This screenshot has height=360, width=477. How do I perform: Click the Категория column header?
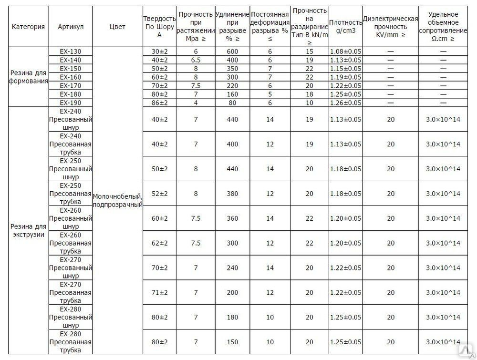[x=28, y=27]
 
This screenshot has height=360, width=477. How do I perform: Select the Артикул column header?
[x=71, y=27]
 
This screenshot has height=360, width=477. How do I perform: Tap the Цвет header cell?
[x=117, y=27]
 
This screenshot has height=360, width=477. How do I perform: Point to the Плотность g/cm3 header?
[x=346, y=27]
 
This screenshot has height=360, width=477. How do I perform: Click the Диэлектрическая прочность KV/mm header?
[x=391, y=27]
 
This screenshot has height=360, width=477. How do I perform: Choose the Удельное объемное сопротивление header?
[x=443, y=27]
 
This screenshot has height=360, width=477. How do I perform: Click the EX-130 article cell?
[x=71, y=51]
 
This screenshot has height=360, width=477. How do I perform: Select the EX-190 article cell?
[x=71, y=103]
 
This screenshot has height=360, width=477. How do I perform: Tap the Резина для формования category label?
[x=28, y=77]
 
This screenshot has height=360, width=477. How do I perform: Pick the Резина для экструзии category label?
[x=28, y=231]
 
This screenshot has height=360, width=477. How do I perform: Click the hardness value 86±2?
[x=160, y=103]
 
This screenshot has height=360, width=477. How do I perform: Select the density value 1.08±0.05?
[x=346, y=51]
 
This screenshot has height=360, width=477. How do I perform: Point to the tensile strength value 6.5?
[x=196, y=60]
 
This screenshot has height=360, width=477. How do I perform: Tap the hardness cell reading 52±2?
[x=160, y=194]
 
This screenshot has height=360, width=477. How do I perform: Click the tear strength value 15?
[x=310, y=51]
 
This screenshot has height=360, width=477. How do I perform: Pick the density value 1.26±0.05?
[x=346, y=103]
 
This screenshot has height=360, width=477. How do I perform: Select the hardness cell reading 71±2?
[x=160, y=292]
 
